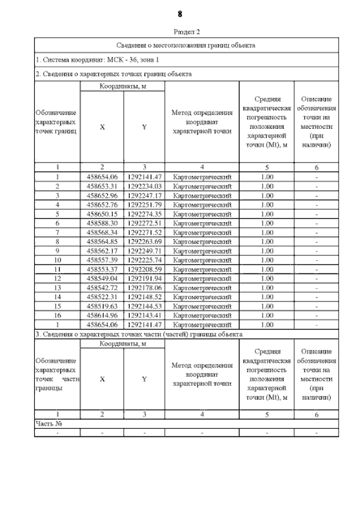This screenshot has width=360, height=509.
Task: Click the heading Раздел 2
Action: [181, 33]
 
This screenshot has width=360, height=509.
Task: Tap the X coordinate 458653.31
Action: [102, 186]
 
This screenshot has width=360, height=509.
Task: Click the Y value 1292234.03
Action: [145, 186]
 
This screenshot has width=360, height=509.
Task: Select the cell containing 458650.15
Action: [102, 214]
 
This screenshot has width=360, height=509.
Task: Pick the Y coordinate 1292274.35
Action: [145, 214]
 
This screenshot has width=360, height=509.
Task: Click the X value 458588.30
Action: [102, 223]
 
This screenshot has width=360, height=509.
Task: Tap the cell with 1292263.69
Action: [145, 241]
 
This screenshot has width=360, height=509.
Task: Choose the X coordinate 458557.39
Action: [102, 260]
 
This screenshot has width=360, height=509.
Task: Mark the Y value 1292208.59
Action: [145, 269]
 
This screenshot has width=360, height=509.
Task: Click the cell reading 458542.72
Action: [102, 287]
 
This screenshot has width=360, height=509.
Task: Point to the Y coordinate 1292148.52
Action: [145, 296]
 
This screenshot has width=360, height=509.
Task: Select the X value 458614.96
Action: [102, 315]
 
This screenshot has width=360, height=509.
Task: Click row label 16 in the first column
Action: [57, 315]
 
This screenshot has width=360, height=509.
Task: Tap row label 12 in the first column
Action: [57, 278]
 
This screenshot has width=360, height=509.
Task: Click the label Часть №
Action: [48, 424]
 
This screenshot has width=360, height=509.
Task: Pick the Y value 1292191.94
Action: [145, 278]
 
